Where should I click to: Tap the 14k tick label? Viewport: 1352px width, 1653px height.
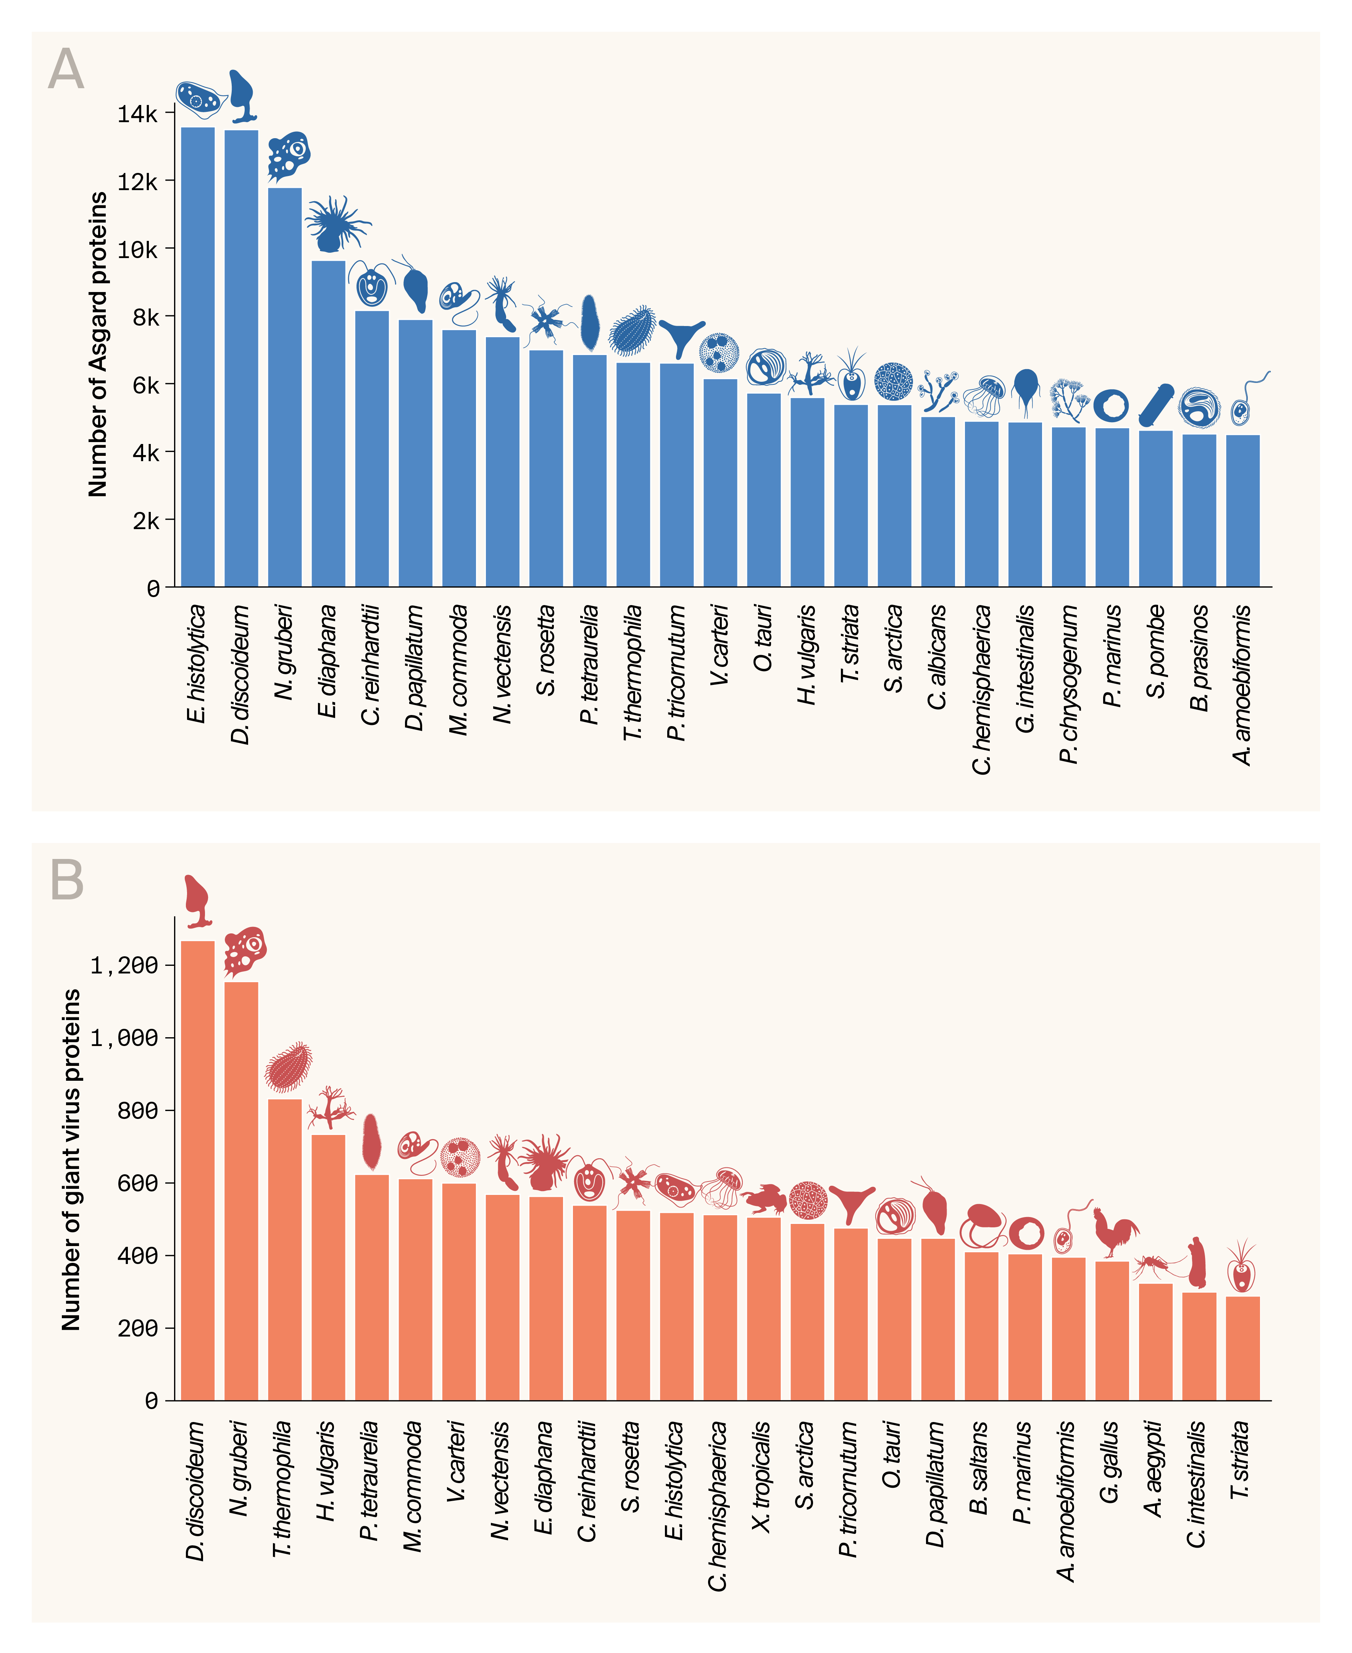coord(137,114)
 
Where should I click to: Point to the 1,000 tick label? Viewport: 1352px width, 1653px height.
coord(124,1038)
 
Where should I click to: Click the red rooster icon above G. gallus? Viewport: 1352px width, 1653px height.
coord(1114,1231)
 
